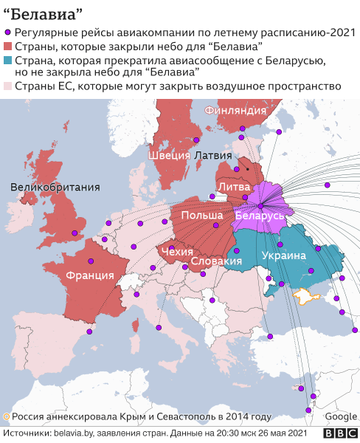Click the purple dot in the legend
pyautogui.click(x=8, y=32)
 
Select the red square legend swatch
pyautogui.click(x=8, y=47)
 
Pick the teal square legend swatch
pyautogui.click(x=8, y=61)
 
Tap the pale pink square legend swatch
pyautogui.click(x=8, y=86)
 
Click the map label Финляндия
pyautogui.click(x=235, y=110)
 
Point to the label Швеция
pyautogui.click(x=169, y=156)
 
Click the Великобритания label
pyautogui.click(x=55, y=188)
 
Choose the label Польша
pyautogui.click(x=202, y=216)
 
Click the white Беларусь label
pyautogui.click(x=259, y=216)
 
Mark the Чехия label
pyautogui.click(x=176, y=252)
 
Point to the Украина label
pyautogui.click(x=283, y=256)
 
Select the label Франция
pyautogui.click(x=89, y=275)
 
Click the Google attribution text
pyautogui.click(x=341, y=416)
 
